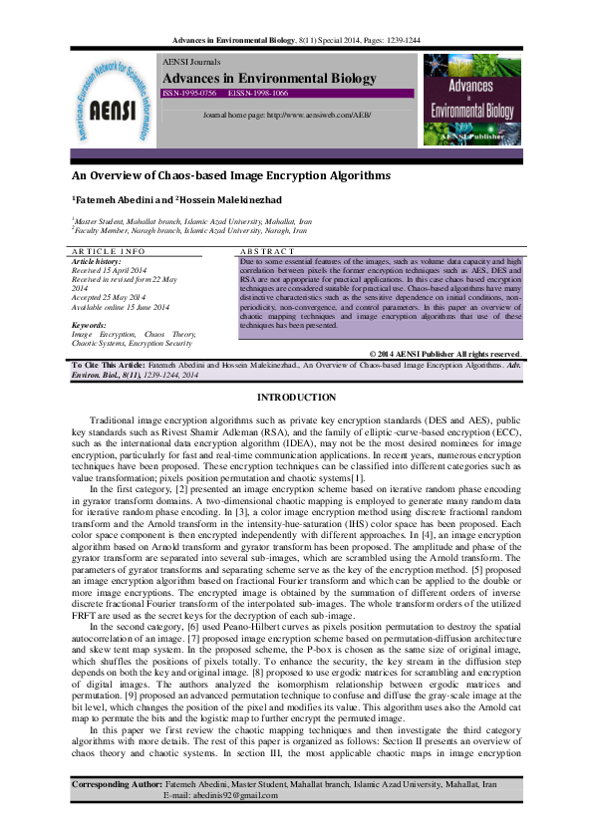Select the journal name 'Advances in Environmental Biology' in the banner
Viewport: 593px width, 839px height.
click(269, 78)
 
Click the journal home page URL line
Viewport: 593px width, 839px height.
click(286, 116)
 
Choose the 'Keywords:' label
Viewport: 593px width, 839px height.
click(90, 325)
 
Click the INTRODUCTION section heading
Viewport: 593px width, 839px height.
click(296, 398)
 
